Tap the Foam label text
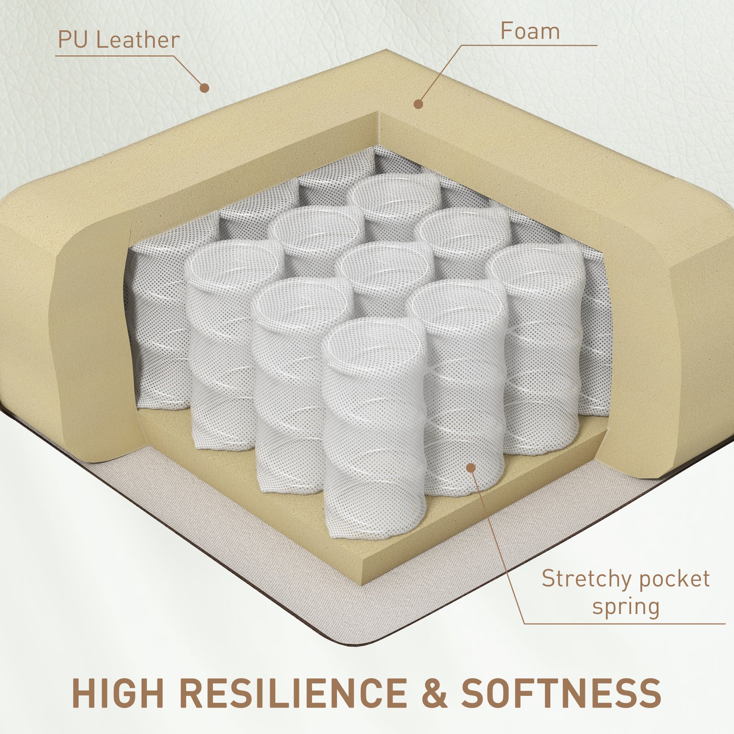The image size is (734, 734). [x=530, y=31]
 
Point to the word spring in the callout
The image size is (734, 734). [x=626, y=606]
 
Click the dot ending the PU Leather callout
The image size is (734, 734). [x=205, y=88]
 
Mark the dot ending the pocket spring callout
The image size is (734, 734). [x=471, y=468]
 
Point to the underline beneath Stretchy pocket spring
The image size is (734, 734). [x=624, y=635]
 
